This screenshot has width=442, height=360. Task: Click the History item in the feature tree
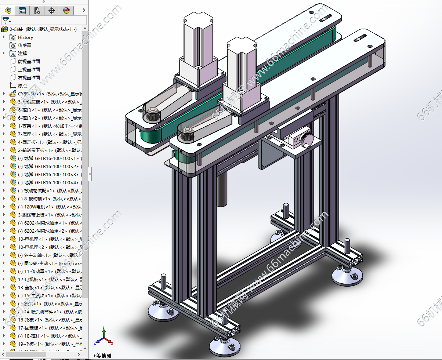pyautogui.click(x=25, y=37)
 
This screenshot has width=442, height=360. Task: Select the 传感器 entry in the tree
pyautogui.click(x=25, y=45)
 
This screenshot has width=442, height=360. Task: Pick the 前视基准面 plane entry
pyautogui.click(x=29, y=61)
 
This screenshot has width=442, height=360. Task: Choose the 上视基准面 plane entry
pyautogui.click(x=29, y=69)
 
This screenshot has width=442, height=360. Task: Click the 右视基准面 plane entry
pyautogui.click(x=29, y=77)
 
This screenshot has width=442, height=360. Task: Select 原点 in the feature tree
pyautogui.click(x=22, y=86)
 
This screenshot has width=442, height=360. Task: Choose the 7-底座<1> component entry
pyautogui.click(x=31, y=134)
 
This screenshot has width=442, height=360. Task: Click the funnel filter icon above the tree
pyautogui.click(x=6, y=21)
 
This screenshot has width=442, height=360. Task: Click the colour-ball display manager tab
pyautogui.click(x=66, y=11)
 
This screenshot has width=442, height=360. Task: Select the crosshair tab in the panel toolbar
pyautogui.click(x=52, y=11)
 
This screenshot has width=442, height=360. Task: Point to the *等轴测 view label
pyautogui.click(x=102, y=355)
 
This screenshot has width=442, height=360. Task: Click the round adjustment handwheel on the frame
pyautogui.click(x=305, y=141)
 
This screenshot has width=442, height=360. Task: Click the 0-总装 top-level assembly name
pyautogui.click(x=16, y=29)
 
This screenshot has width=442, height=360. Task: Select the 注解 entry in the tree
pyautogui.click(x=22, y=53)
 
